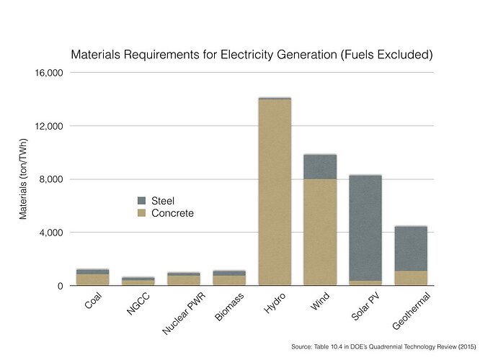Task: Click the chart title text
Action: click(x=250, y=54)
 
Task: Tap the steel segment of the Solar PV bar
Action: click(x=365, y=228)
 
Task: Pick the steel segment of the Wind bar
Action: click(x=320, y=166)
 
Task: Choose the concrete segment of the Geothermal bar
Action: click(x=411, y=278)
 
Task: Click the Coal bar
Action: click(x=93, y=277)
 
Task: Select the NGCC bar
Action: click(x=138, y=281)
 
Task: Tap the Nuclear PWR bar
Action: click(x=184, y=279)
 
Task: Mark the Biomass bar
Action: click(x=229, y=278)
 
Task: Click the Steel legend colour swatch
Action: click(x=142, y=201)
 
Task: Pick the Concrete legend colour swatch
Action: click(x=142, y=213)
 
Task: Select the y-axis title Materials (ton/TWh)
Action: click(x=24, y=180)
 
